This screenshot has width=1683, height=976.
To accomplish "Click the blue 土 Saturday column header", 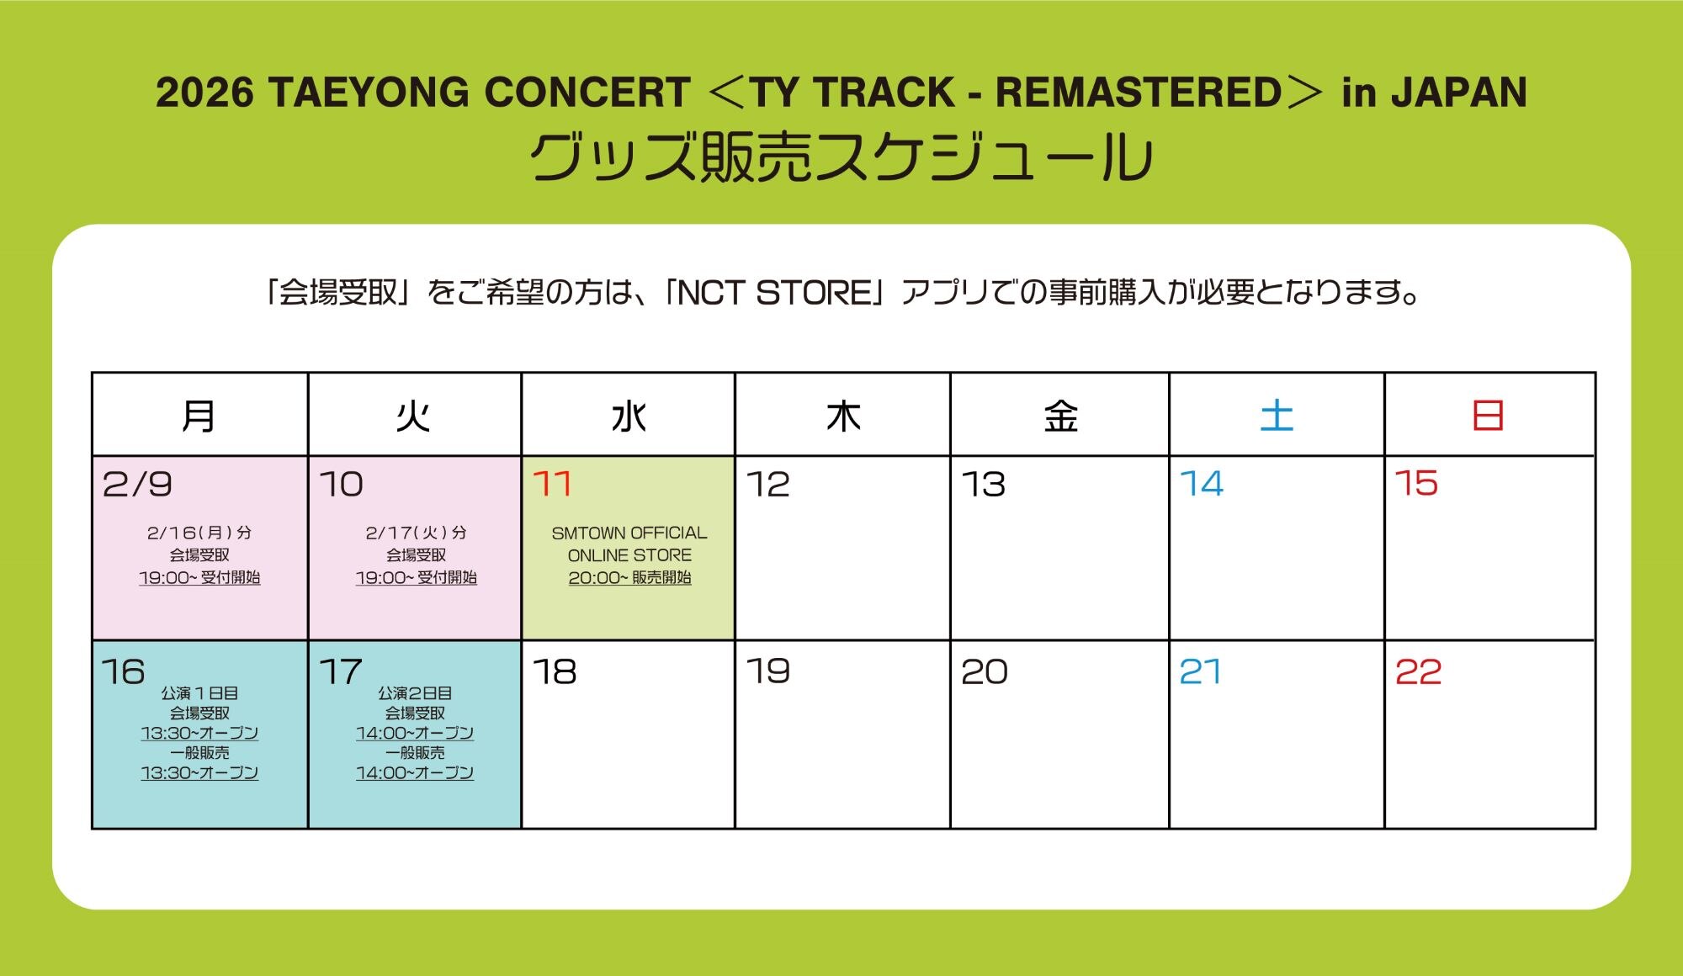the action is coord(1277,416).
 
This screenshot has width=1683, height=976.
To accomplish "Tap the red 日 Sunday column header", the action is coord(1488,416).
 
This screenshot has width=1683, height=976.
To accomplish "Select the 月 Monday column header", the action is coord(199,416).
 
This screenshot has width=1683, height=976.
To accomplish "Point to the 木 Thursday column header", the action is coord(843,416).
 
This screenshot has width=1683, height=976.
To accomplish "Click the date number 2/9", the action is coord(137,484).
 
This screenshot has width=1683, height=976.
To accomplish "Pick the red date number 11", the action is coord(552,484).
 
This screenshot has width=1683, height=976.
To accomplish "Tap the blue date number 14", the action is coord(1202,484).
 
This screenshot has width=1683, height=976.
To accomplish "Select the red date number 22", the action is coord(1419,671).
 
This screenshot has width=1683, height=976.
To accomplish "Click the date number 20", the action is coord(985,671).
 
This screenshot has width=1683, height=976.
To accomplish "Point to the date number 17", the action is coord(341,671).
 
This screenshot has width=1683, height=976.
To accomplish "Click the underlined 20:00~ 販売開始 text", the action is coord(629,578).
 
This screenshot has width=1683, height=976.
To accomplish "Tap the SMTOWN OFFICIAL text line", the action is coord(629,533).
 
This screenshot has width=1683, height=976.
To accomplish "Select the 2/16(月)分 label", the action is coord(199,533).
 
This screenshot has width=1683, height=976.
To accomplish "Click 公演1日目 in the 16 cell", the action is coord(199,693).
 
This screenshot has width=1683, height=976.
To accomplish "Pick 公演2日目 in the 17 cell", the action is coord(415,693).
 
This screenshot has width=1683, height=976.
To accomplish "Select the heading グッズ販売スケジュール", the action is coord(841,158).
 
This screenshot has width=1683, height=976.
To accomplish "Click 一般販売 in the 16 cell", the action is coord(199,753).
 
